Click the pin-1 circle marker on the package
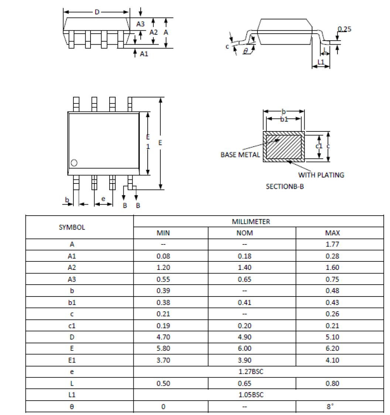coord(74,163)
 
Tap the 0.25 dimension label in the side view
coord(345,29)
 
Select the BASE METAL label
coord(240,155)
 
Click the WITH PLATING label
coord(321,175)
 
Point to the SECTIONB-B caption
coord(285,186)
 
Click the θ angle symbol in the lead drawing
coord(246,51)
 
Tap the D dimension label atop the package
coord(97,12)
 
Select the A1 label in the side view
coord(144,54)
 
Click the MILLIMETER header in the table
coord(251,222)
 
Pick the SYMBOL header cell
coord(72,227)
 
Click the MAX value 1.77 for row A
coord(332,244)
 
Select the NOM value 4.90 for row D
coord(244,337)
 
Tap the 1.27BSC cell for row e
coord(251,372)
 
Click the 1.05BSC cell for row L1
coord(251,395)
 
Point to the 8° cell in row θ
coord(329,407)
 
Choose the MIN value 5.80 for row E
coord(163,349)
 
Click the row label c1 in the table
coord(72,326)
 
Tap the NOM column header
coord(244,233)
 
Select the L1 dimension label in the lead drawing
coord(321,62)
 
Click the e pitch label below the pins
coord(103,199)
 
